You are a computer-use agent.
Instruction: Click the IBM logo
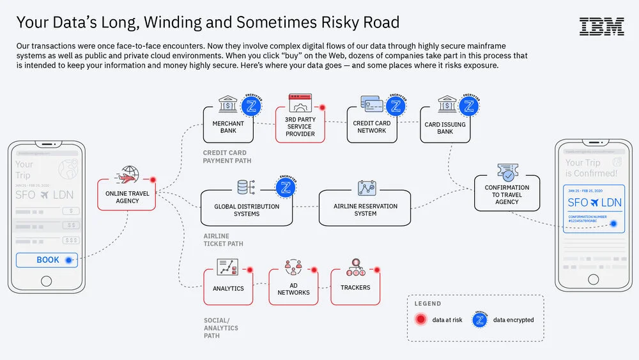tap(601, 26)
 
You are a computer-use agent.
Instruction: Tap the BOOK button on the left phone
tap(47, 260)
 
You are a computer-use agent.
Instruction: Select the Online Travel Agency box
tap(127, 196)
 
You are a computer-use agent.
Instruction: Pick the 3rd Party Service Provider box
tap(300, 126)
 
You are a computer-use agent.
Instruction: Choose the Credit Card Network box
tap(371, 126)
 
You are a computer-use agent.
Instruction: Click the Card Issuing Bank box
tap(445, 127)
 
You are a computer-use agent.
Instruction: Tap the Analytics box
tap(228, 288)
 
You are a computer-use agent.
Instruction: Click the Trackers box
tap(355, 287)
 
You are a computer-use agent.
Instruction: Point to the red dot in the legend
tap(420, 320)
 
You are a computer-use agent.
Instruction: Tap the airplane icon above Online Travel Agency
tap(127, 175)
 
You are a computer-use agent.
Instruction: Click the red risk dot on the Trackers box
tap(377, 269)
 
